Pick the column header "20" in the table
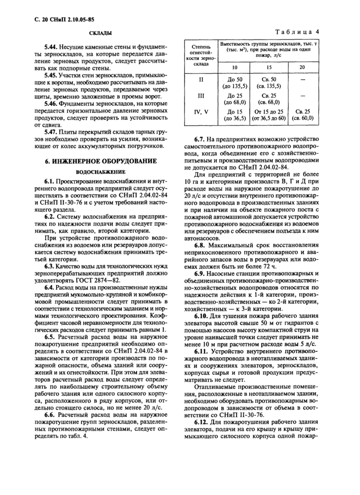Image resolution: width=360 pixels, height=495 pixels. (x=302, y=67)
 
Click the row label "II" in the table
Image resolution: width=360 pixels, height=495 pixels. (x=201, y=80)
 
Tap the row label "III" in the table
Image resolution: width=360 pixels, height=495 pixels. (x=201, y=96)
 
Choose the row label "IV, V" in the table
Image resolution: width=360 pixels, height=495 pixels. (x=201, y=112)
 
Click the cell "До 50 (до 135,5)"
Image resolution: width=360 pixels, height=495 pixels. (x=234, y=83)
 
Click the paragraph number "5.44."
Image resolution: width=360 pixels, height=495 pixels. (x=52, y=47)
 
